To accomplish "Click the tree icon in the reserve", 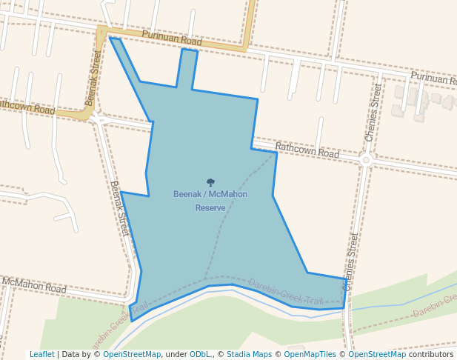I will click(210, 182).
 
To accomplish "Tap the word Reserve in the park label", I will click(210, 208).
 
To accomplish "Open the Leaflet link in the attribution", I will click(41, 354).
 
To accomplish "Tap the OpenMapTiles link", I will click(311, 354).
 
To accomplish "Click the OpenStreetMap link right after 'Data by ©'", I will click(132, 354).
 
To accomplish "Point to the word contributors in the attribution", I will click(430, 354).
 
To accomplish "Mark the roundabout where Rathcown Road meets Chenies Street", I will click(366, 159).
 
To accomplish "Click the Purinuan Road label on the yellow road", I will click(171, 39).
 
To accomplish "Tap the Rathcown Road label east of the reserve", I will click(307, 151).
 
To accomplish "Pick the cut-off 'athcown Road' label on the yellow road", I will click(27, 108).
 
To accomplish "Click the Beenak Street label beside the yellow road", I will click(93, 78).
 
